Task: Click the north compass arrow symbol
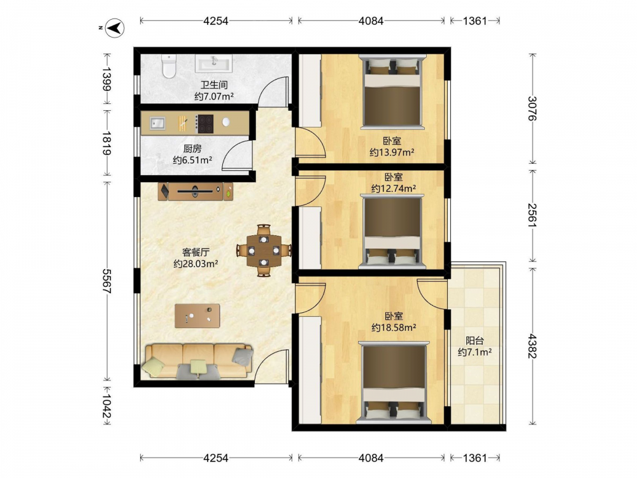pos(115,29)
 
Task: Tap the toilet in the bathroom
pos(168,66)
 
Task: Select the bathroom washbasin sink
pos(213,63)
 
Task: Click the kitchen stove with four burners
pos(204,124)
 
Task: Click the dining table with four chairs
pos(264,250)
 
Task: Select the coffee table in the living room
pos(197,316)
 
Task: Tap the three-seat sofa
pos(198,362)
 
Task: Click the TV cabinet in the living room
pos(196,191)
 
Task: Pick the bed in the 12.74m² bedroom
pos(392,231)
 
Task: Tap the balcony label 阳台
pos(475,340)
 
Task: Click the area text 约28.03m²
pos(196,264)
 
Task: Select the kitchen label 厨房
pos(192,148)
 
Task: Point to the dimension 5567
pos(107,281)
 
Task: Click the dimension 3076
pos(532,108)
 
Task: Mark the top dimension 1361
pos(475,21)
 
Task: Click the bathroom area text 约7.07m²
pos(213,96)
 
